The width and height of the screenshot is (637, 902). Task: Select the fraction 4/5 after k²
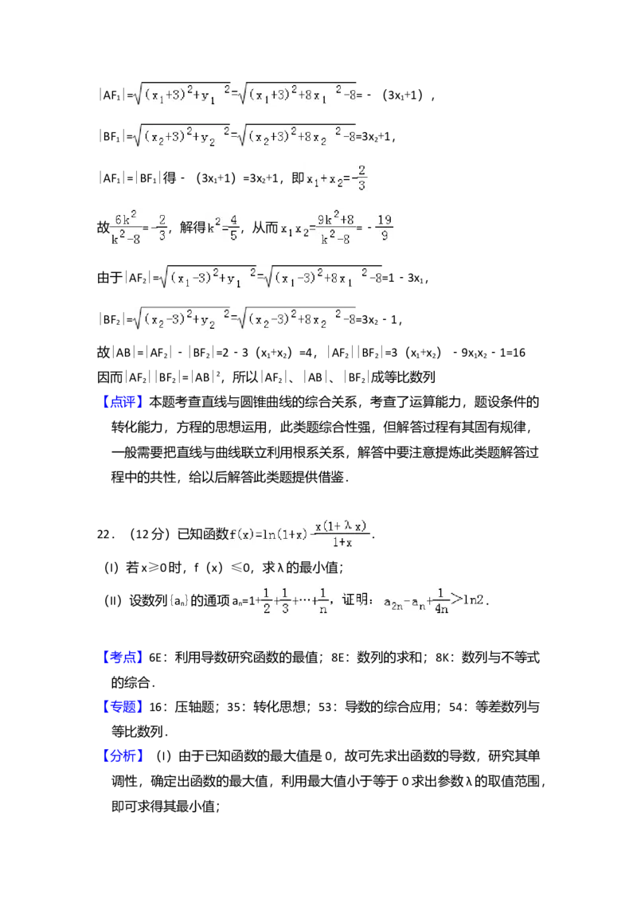click(x=234, y=228)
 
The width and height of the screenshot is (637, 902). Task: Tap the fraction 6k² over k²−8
click(x=127, y=228)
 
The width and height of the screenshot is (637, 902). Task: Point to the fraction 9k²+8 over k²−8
click(x=335, y=228)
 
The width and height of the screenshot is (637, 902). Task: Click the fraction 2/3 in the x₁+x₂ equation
click(x=361, y=179)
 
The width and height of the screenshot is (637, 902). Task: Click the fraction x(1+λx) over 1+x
click(x=344, y=534)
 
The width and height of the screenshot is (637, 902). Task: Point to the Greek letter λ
click(x=347, y=525)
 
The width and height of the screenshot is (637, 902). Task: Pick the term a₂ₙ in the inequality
click(x=393, y=603)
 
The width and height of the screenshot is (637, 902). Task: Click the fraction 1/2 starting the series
click(x=267, y=599)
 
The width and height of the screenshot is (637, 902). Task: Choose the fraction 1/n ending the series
click(x=322, y=599)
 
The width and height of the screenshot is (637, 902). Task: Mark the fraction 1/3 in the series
click(x=284, y=599)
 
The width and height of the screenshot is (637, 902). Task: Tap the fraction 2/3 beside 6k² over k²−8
click(x=162, y=228)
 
